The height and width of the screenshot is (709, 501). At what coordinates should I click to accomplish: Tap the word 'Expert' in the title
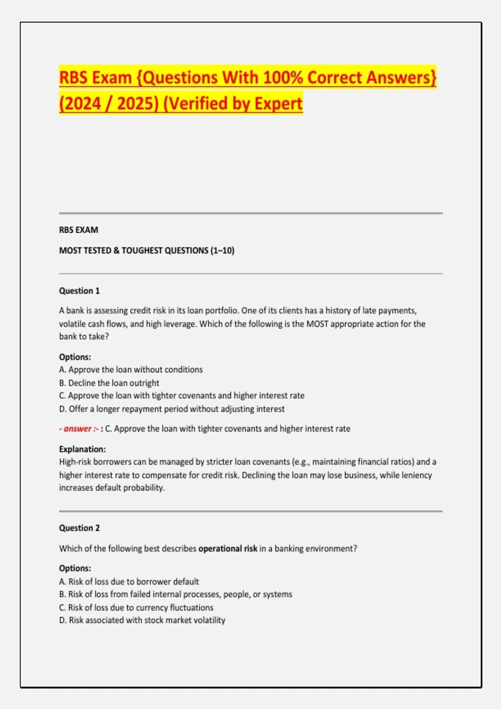click(x=278, y=103)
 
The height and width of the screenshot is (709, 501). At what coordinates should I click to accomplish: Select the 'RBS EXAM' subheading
click(x=78, y=230)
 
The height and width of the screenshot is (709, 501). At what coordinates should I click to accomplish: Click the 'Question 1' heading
click(x=79, y=291)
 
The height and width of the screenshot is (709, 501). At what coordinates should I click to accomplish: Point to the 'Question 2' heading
click(x=79, y=528)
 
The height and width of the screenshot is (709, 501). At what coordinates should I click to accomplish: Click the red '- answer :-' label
click(x=79, y=429)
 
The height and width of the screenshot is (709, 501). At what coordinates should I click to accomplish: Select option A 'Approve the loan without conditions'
click(x=131, y=370)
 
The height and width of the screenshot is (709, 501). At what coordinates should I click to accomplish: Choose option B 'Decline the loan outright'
click(x=109, y=383)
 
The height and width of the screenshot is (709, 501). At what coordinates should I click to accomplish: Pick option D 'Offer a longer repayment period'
click(x=172, y=409)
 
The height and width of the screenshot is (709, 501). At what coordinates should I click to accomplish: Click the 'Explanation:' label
click(x=82, y=449)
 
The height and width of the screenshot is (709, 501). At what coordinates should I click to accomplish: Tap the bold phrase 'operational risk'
click(x=228, y=548)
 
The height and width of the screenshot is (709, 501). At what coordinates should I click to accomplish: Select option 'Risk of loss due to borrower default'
click(x=129, y=581)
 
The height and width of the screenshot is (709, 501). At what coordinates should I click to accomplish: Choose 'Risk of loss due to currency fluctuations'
click(x=136, y=608)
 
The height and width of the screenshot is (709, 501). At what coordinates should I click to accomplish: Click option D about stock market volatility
click(x=142, y=620)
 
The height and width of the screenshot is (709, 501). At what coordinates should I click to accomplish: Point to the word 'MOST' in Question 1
click(x=317, y=324)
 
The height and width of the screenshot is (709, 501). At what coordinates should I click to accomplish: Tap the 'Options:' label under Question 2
click(x=75, y=568)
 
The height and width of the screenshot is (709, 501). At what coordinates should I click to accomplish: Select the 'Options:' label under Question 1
click(x=75, y=357)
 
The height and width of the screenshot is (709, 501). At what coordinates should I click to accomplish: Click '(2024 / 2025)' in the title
click(x=109, y=103)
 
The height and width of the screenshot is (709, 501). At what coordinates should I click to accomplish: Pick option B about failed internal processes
click(x=175, y=594)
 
